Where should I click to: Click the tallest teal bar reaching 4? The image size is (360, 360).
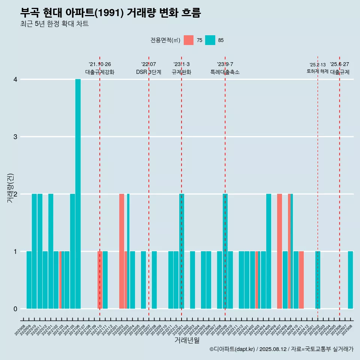pyautogui.click(x=78, y=193)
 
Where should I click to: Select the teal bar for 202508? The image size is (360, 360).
pyautogui.click(x=350, y=280)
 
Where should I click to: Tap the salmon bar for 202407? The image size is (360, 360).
pyautogui.click(x=279, y=251)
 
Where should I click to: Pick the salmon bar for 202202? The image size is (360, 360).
pyautogui.click(x=121, y=251)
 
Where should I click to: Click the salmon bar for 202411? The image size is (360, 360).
pyautogui.click(x=301, y=280)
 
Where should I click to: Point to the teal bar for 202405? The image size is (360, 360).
pyautogui.click(x=268, y=251)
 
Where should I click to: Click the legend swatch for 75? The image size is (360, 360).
pyautogui.click(x=189, y=40)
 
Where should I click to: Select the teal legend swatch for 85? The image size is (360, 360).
pyautogui.click(x=210, y=40)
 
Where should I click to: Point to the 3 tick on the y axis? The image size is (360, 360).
pyautogui.click(x=15, y=137)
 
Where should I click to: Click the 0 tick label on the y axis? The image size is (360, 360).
pyautogui.click(x=15, y=309)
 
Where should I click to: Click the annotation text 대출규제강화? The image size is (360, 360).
pyautogui.click(x=100, y=72)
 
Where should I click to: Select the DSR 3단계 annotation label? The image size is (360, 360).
pyautogui.click(x=148, y=72)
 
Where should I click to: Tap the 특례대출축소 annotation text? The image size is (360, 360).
pyautogui.click(x=225, y=72)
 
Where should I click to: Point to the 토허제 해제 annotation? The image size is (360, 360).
pyautogui.click(x=317, y=71)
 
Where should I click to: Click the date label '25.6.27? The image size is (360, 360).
pyautogui.click(x=339, y=64)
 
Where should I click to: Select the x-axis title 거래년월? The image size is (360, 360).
pyautogui.click(x=187, y=340)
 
